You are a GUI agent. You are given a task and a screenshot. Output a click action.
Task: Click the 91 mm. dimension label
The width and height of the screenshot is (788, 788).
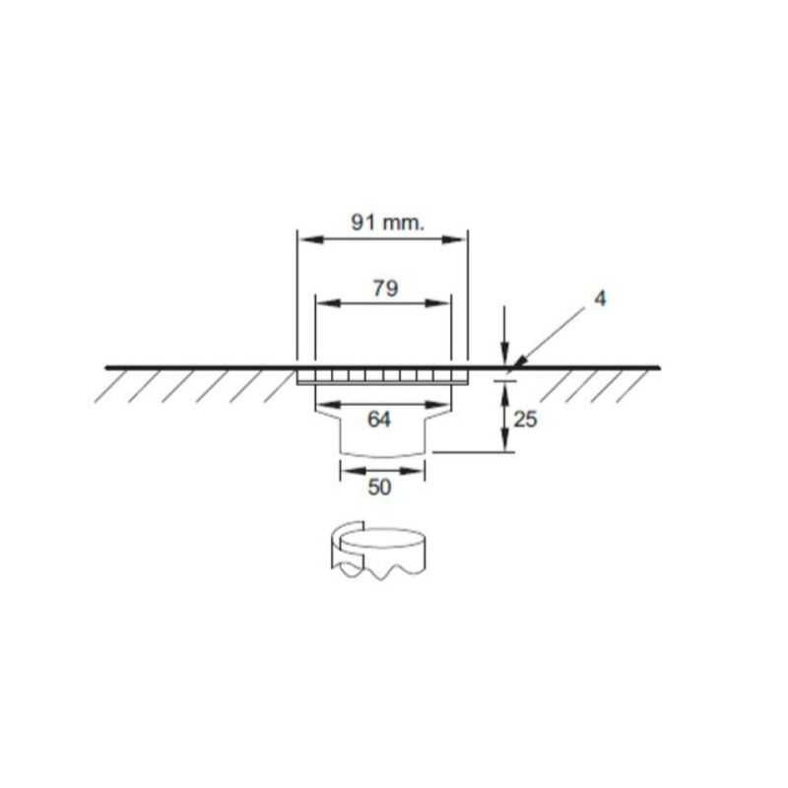(x=387, y=222)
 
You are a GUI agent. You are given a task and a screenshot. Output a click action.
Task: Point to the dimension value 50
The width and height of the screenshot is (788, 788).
(x=379, y=487)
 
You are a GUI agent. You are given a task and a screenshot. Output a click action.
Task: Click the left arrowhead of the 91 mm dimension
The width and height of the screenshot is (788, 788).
(x=304, y=239)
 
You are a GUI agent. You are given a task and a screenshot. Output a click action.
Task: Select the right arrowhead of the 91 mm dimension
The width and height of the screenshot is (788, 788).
(x=460, y=239)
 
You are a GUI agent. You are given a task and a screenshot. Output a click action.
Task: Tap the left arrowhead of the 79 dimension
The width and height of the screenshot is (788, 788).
(x=320, y=304)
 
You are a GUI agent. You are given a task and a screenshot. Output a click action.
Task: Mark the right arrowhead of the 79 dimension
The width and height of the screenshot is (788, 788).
(x=444, y=304)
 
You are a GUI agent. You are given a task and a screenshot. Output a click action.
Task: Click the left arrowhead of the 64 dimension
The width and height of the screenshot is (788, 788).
(x=321, y=404)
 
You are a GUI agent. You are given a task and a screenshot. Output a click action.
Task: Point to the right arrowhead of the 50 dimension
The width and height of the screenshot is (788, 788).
(x=423, y=470)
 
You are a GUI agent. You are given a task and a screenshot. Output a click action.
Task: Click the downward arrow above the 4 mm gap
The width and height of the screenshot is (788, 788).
(x=503, y=356)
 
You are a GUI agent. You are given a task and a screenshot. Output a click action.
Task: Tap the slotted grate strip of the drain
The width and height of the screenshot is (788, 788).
(x=382, y=376)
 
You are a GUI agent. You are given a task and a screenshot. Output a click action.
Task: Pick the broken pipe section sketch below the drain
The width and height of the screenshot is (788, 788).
(x=379, y=552)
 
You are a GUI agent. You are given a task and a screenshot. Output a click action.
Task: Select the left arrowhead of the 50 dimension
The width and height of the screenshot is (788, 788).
(x=345, y=470)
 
